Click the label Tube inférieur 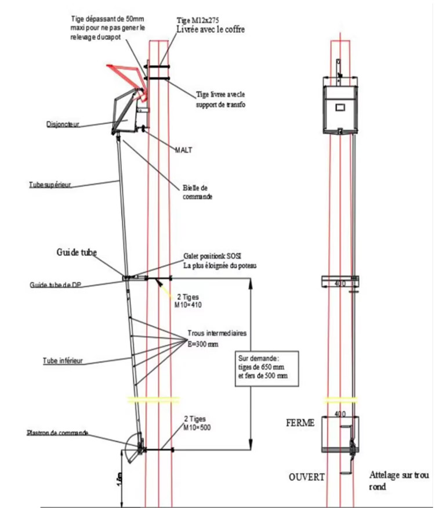point(63,361)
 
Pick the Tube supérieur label point(50,185)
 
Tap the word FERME point(300,423)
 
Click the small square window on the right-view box point(339,106)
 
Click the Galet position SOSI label point(218,261)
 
